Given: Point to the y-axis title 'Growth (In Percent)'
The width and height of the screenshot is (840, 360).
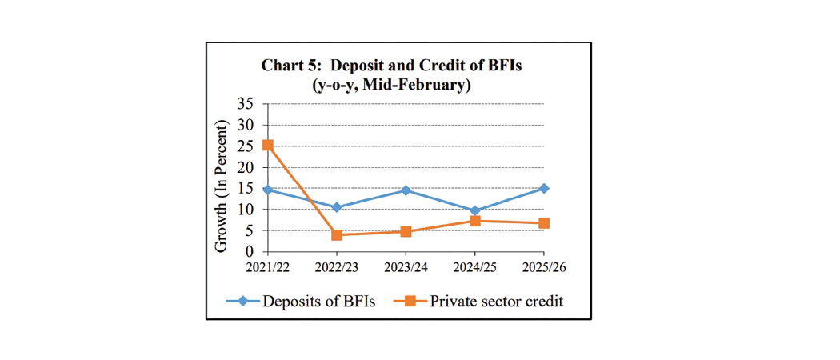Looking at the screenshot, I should pos(222,186).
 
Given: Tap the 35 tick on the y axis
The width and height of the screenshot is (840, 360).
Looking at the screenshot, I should pos(245,104).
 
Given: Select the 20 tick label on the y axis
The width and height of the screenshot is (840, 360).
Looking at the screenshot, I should pos(245,167).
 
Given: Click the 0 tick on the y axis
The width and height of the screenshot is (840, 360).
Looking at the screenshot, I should pos(250,251).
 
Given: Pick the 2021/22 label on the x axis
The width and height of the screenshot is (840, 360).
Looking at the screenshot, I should pos(267,266).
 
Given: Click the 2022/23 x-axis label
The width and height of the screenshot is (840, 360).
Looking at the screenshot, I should pos(336,266).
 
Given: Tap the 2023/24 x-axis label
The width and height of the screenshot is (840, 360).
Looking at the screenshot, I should pos(406,266).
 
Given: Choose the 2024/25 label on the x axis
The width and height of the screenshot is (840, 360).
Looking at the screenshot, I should pos(474,266).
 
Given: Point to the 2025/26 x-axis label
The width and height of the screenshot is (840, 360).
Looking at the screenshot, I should pos(544,266).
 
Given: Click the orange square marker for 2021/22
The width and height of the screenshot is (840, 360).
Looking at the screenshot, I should pos(267,145).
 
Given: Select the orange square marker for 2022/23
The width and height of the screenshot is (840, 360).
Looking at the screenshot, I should pos(337,235).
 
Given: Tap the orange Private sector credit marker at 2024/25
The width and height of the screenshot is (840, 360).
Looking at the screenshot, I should pos(474,221).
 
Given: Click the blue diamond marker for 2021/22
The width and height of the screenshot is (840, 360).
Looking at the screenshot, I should pos(267,190).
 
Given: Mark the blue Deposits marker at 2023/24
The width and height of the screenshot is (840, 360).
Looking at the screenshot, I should pos(406,190).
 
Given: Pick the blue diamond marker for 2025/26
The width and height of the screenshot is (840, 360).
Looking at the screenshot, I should pos(544,188).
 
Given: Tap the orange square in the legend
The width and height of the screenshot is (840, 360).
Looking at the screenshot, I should pos(408,302).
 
